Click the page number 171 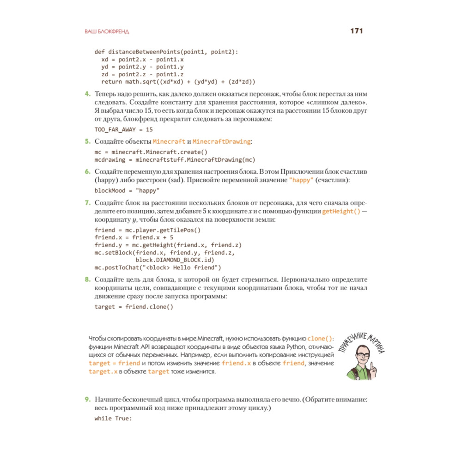[357, 31]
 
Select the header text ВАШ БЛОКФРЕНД [107, 32]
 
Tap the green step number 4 [87, 94]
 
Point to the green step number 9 [87, 399]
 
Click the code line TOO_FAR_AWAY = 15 [123, 130]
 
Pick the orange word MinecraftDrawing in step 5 [222, 141]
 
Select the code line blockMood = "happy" [127, 190]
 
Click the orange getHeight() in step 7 [341, 211]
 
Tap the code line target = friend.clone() [134, 307]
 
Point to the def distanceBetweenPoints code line [166, 51]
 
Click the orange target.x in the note [103, 371]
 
